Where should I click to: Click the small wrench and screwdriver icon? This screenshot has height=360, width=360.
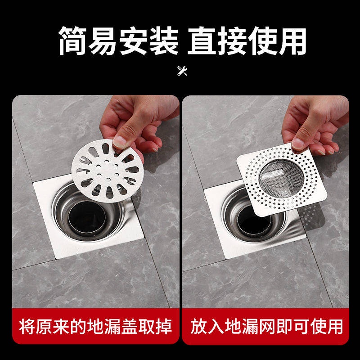tap(182, 71)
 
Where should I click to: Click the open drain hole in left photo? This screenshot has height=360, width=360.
tap(85, 216)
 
